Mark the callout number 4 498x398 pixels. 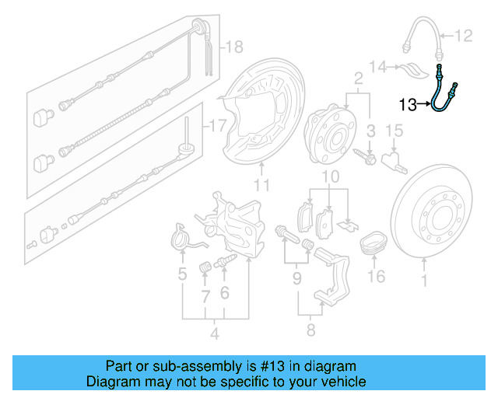tap(215, 334)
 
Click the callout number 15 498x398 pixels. tap(394, 129)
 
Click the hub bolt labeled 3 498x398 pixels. tap(366, 159)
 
